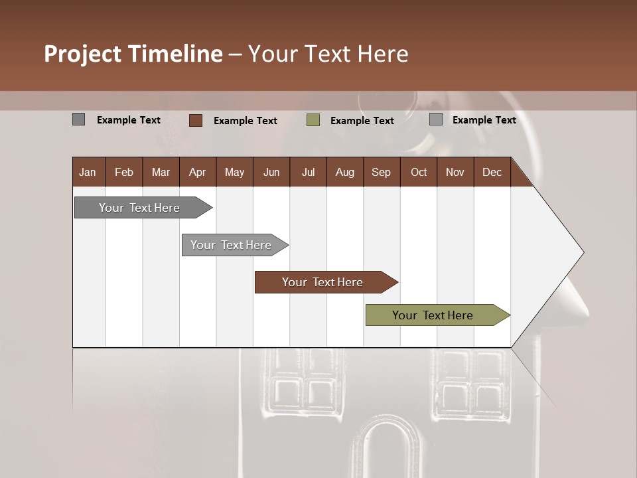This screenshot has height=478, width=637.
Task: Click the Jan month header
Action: coord(88,173)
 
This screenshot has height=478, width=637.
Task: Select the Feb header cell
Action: coord(124,173)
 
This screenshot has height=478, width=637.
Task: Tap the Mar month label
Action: coord(161,173)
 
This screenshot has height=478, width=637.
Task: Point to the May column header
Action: coord(234,173)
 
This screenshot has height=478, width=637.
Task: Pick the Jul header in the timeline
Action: coord(308,173)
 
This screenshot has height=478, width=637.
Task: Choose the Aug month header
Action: coord(344,173)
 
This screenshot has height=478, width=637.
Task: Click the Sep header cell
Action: coord(381,173)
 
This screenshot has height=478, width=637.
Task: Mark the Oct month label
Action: coord(419,173)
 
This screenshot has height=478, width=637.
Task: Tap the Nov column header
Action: coord(455,173)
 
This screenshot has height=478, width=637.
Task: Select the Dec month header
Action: coord(492,173)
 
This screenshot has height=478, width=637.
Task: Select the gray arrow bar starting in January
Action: coord(140,208)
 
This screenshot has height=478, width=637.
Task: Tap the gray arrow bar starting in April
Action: coord(232,245)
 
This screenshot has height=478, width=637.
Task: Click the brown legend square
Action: coord(196,120)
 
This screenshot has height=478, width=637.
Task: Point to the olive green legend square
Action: coord(313,120)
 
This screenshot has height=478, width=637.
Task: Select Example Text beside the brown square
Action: coord(245,121)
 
